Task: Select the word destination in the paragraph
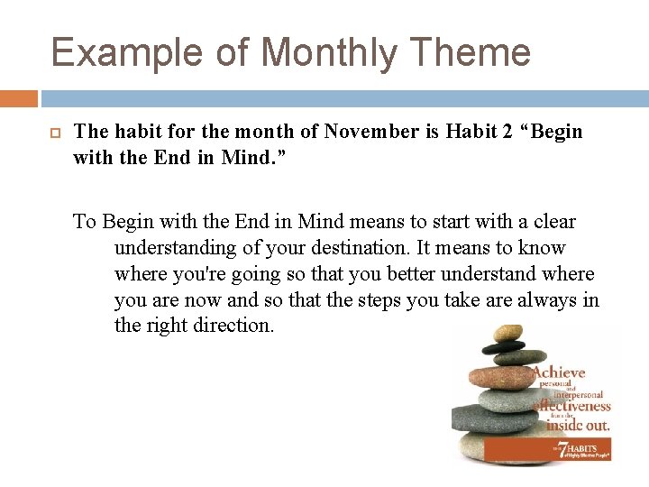364,248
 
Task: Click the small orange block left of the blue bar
19,97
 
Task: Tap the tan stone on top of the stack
507,333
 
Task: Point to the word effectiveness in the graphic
573,406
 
